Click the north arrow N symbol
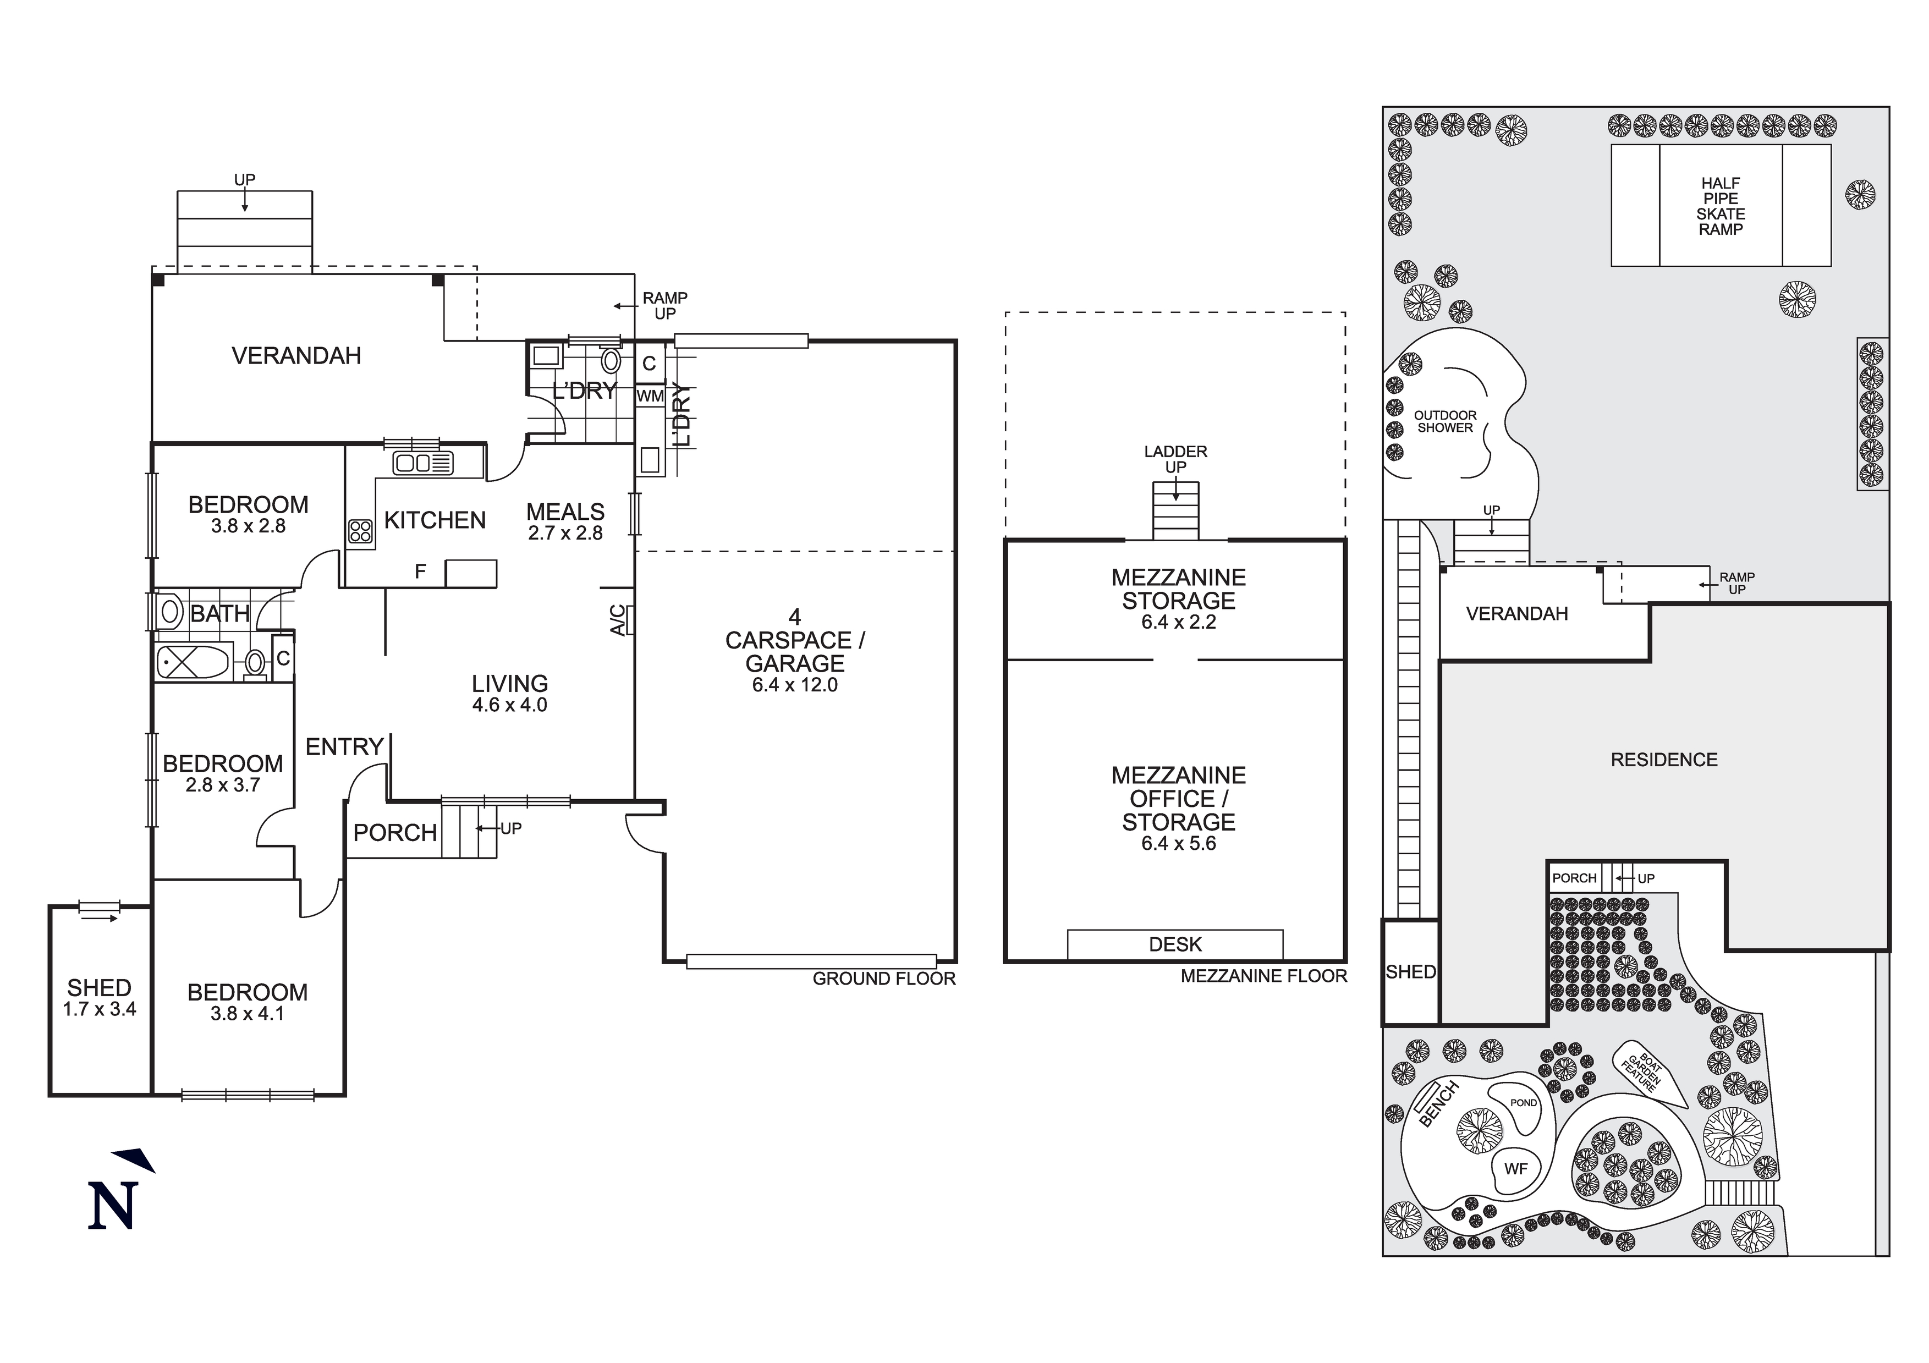click(x=113, y=1205)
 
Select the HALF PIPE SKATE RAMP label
click(x=1720, y=206)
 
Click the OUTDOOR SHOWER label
click(x=1444, y=421)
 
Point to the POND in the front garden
click(x=1523, y=1102)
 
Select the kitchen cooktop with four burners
click(x=360, y=530)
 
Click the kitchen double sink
click(x=422, y=463)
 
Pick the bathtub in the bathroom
click(x=193, y=662)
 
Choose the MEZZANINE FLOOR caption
click(x=1263, y=976)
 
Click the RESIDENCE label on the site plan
click(x=1663, y=760)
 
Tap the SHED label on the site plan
click(x=1411, y=971)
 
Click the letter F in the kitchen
click(x=420, y=572)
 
